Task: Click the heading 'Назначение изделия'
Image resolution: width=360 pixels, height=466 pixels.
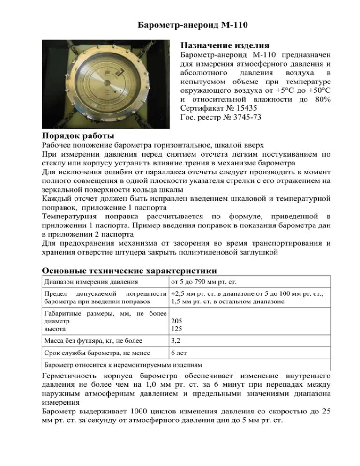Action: (225, 46)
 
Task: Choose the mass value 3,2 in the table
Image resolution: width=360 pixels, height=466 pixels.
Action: (175, 341)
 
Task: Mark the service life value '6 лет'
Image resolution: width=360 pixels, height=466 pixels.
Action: (179, 353)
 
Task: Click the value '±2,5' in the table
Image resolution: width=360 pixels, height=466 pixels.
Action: (180, 294)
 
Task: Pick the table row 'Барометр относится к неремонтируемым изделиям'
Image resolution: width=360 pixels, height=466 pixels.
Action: (123, 365)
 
